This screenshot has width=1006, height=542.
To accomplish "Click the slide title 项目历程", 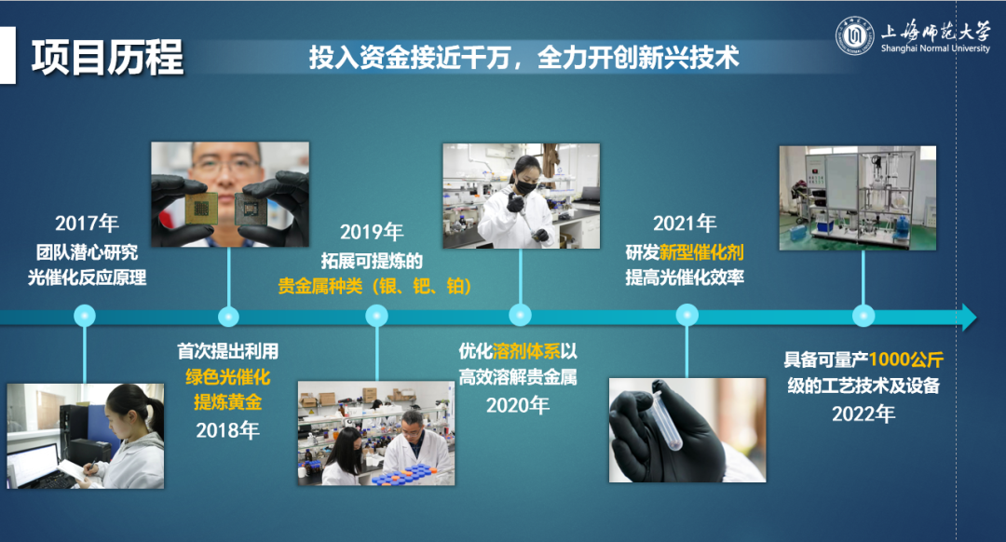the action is coord(107,58).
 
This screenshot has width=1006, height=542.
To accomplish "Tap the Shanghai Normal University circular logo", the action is coord(854,36).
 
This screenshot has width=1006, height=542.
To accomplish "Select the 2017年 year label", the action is coord(87,224).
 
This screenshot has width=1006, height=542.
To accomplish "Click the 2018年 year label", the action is coord(228,429).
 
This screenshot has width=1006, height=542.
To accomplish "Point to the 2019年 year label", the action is coord(372,232).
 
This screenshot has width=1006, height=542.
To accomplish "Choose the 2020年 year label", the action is coord(518,405).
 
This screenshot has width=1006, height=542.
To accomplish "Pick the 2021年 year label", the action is coord(685,224).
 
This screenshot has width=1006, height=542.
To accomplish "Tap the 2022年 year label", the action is coord(863,413).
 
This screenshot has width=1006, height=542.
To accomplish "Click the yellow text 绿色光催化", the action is coord(228,377).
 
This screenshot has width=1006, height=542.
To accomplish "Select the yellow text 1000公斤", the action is coord(906,359).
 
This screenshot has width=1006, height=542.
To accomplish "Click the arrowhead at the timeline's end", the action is coord(968,317).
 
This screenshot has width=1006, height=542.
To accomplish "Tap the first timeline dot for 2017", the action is coord(85,317).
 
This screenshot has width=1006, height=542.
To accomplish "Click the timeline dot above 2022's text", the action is coord(863,317).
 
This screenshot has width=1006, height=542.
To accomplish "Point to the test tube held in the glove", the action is coord(668,418).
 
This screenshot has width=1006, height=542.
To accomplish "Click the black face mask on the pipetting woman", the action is coord(525,188).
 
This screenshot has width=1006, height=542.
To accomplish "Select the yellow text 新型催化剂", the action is coord(701,252).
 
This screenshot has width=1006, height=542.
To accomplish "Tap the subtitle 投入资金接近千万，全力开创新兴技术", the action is coord(523,58).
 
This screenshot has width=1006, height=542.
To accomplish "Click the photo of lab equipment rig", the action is coord(858,198).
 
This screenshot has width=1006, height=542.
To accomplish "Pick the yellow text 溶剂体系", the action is coord(526,351).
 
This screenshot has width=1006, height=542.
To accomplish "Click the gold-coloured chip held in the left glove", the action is coord(201,208).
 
